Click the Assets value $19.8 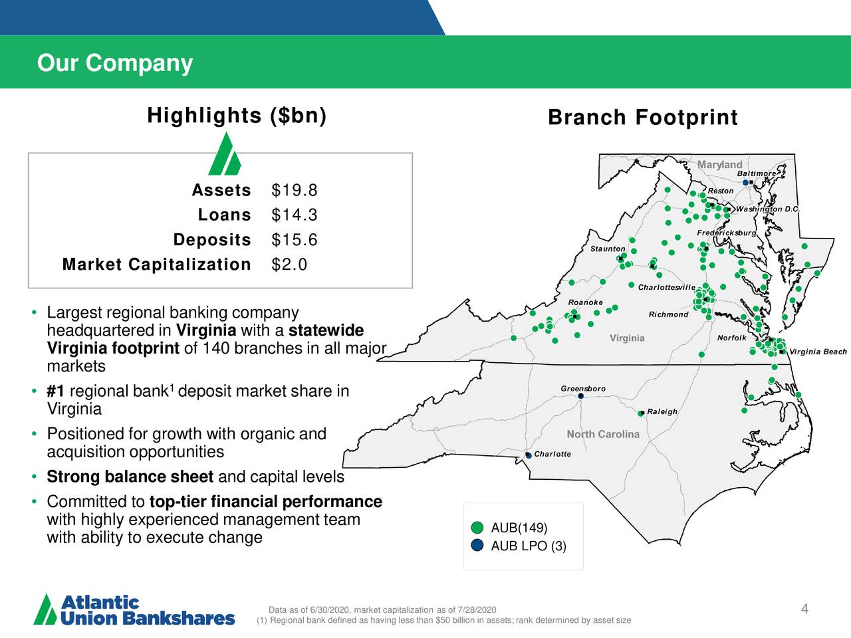click(x=295, y=191)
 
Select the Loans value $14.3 click(x=295, y=215)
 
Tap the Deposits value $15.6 click(x=295, y=240)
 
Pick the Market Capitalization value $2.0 click(x=289, y=265)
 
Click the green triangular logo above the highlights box click(x=225, y=154)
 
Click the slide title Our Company click(x=115, y=63)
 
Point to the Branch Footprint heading click(x=643, y=118)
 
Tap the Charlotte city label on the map click(x=552, y=454)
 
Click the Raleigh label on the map click(x=662, y=411)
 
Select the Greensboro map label click(x=583, y=388)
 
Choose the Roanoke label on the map click(x=586, y=302)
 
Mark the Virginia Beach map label click(x=818, y=352)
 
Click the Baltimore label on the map click(x=757, y=173)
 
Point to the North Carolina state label click(x=603, y=434)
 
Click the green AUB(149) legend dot click(x=477, y=528)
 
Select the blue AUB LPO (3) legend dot click(x=477, y=546)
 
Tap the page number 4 click(x=804, y=609)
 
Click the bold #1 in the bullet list click(x=55, y=391)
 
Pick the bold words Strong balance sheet click(x=130, y=477)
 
